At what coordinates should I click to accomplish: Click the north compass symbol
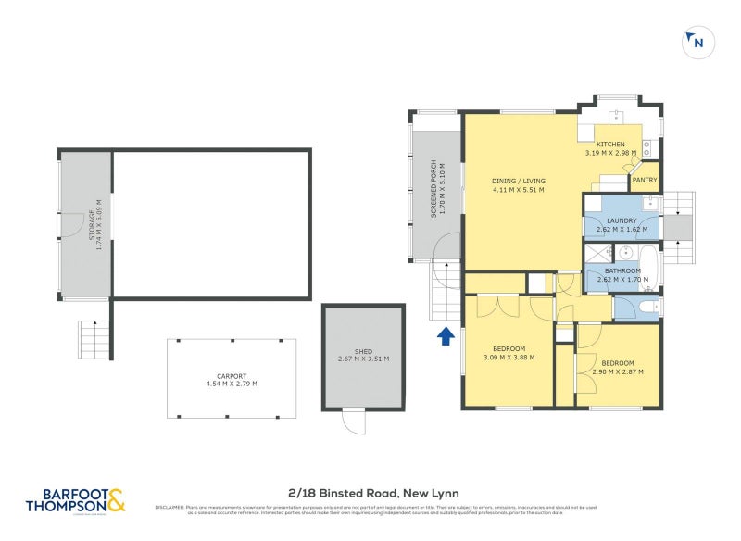click(696, 42)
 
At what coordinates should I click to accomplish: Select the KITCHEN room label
click(610, 145)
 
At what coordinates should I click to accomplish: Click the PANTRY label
click(644, 180)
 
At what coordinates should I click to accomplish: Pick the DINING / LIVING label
click(519, 181)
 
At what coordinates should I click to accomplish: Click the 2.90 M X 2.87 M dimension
click(618, 371)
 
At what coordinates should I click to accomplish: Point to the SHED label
click(363, 351)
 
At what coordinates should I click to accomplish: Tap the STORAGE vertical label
click(92, 225)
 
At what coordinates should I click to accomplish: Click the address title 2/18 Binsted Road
click(369, 493)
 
